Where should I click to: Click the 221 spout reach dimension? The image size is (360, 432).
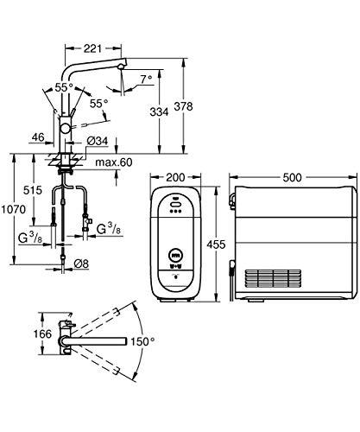pos(92,48)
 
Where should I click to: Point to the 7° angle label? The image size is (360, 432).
pos(147,79)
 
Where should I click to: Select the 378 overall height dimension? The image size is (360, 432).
pos(183,106)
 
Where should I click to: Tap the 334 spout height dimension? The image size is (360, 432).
pos(159,111)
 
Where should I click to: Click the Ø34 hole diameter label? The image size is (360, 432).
pos(98,141)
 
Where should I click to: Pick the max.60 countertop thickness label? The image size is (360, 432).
pos(114,162)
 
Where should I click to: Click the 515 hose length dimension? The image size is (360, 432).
pos(33,190)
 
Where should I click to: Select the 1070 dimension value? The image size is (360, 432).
pos(13,209)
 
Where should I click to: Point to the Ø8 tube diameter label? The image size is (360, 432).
pos(81,264)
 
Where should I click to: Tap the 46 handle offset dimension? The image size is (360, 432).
pos(38,137)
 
